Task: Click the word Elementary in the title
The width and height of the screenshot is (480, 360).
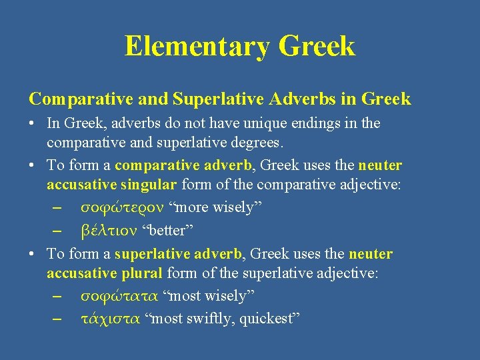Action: pos(197,46)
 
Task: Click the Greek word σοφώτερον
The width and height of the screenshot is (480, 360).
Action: pos(124,207)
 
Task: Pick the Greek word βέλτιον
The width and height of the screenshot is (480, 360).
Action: pos(109,230)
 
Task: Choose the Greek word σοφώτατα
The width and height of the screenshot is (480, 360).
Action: pos(119,295)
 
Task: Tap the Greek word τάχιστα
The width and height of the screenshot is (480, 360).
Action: pos(110,318)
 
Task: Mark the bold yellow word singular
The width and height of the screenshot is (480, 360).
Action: pos(146,185)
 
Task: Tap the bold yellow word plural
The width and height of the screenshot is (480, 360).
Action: pos(142,273)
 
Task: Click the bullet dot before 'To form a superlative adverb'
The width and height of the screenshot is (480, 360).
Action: pos(33,254)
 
